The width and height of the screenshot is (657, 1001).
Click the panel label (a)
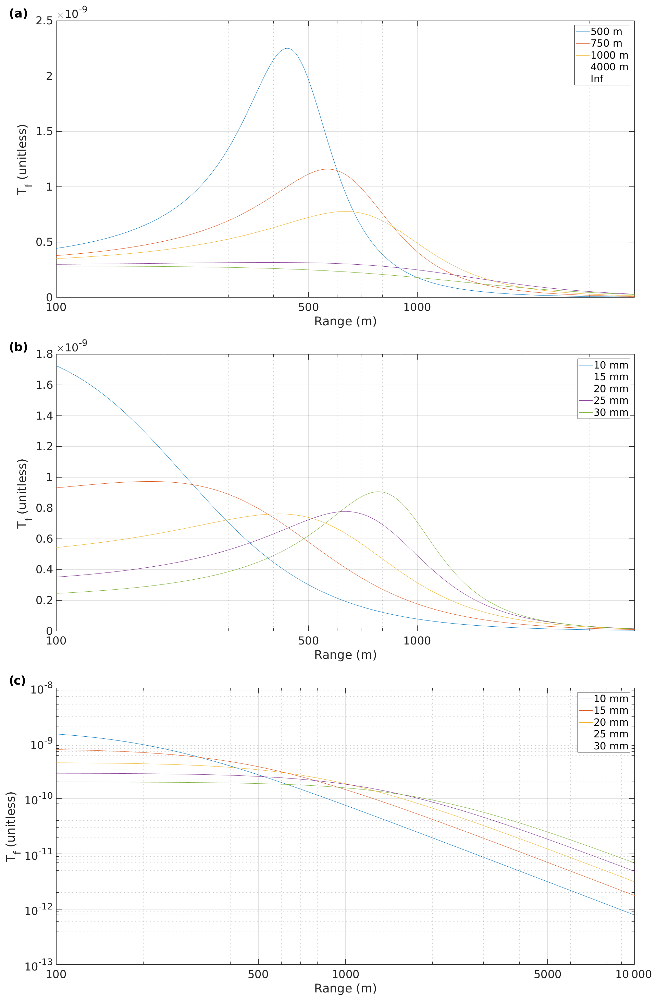pos(18,13)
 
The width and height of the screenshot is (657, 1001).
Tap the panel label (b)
pos(18,347)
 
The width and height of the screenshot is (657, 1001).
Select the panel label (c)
pos(17,680)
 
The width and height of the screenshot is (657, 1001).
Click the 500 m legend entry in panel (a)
pos(606,32)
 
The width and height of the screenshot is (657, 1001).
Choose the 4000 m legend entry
pos(609,67)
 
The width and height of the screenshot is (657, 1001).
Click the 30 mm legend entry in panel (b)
pos(610,412)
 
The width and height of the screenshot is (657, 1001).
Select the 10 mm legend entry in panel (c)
pos(610,699)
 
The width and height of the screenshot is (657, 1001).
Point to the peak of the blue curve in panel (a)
pos(287,48)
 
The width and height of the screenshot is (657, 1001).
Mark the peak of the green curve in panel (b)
pos(378,492)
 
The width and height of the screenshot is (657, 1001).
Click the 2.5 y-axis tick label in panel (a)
pos(44,21)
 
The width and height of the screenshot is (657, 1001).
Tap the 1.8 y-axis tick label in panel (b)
pos(44,354)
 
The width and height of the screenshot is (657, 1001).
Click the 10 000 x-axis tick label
pos(633,975)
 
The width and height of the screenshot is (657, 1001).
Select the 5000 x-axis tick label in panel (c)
pos(547,975)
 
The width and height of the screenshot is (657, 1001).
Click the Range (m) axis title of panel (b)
pos(345,655)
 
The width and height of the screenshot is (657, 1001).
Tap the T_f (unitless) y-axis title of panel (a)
pos(22,159)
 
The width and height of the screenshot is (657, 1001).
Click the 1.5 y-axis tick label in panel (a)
pos(44,131)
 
